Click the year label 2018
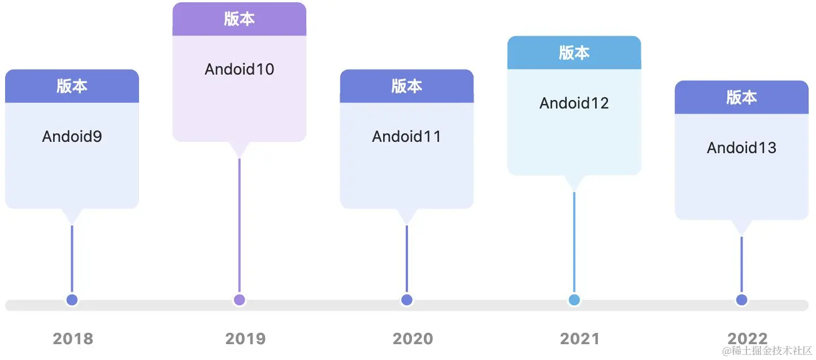pos(73,339)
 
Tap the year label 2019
pos(245,339)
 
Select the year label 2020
pos(413,339)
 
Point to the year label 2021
pos(580,339)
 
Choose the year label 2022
pos(747,337)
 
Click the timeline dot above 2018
pos(72,300)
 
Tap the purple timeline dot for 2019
pos(239,300)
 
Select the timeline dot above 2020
pos(407,300)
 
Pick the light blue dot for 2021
pos(574,300)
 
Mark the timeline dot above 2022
pos(741,300)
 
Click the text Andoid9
pos(72,136)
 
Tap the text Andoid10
pos(239,69)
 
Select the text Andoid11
pos(406,136)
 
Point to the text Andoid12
pos(574,103)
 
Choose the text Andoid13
pos(741,148)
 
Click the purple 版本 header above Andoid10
pos(239,19)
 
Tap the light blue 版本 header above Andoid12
pos(574,53)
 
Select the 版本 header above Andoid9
pos(72,86)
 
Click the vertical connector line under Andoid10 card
pos(239,226)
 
